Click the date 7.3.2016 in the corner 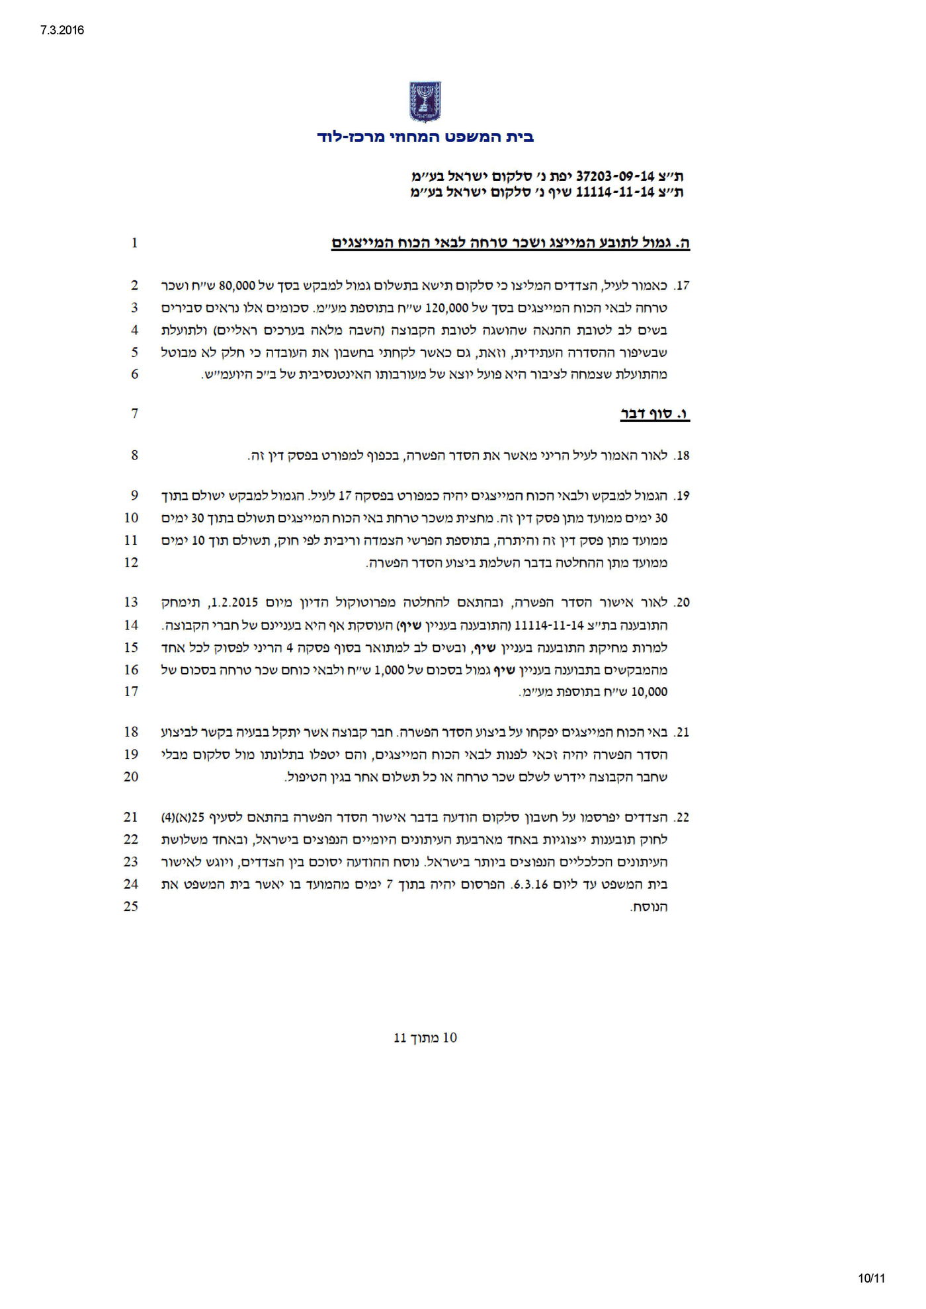pos(58,30)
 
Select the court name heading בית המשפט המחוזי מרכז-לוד pos(425,138)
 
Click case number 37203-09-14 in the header pos(615,177)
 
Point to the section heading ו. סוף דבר pos(654,415)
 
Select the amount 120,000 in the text pos(446,307)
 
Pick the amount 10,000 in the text pos(650,692)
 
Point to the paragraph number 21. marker pos(682,733)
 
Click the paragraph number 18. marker pos(682,456)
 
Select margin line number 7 pos(135,414)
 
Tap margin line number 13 pos(131,602)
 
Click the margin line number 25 pos(131,906)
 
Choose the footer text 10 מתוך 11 pos(425,1037)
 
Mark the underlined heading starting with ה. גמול pos(510,243)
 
